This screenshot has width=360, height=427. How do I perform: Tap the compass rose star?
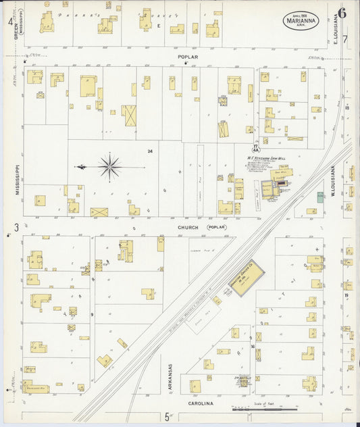tap(109, 166)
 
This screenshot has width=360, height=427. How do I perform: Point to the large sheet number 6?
tap(342, 13)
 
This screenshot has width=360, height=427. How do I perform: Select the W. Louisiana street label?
tap(334, 182)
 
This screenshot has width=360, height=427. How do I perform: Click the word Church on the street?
tap(188, 228)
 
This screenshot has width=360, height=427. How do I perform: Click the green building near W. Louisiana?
tap(320, 197)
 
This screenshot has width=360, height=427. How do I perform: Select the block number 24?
tap(151, 151)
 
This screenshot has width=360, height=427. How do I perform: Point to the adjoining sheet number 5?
tap(166, 418)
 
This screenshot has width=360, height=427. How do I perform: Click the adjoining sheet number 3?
tap(16, 228)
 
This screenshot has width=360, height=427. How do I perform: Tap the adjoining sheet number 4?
tap(10, 21)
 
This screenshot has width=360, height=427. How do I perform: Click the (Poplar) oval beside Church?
tap(216, 228)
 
